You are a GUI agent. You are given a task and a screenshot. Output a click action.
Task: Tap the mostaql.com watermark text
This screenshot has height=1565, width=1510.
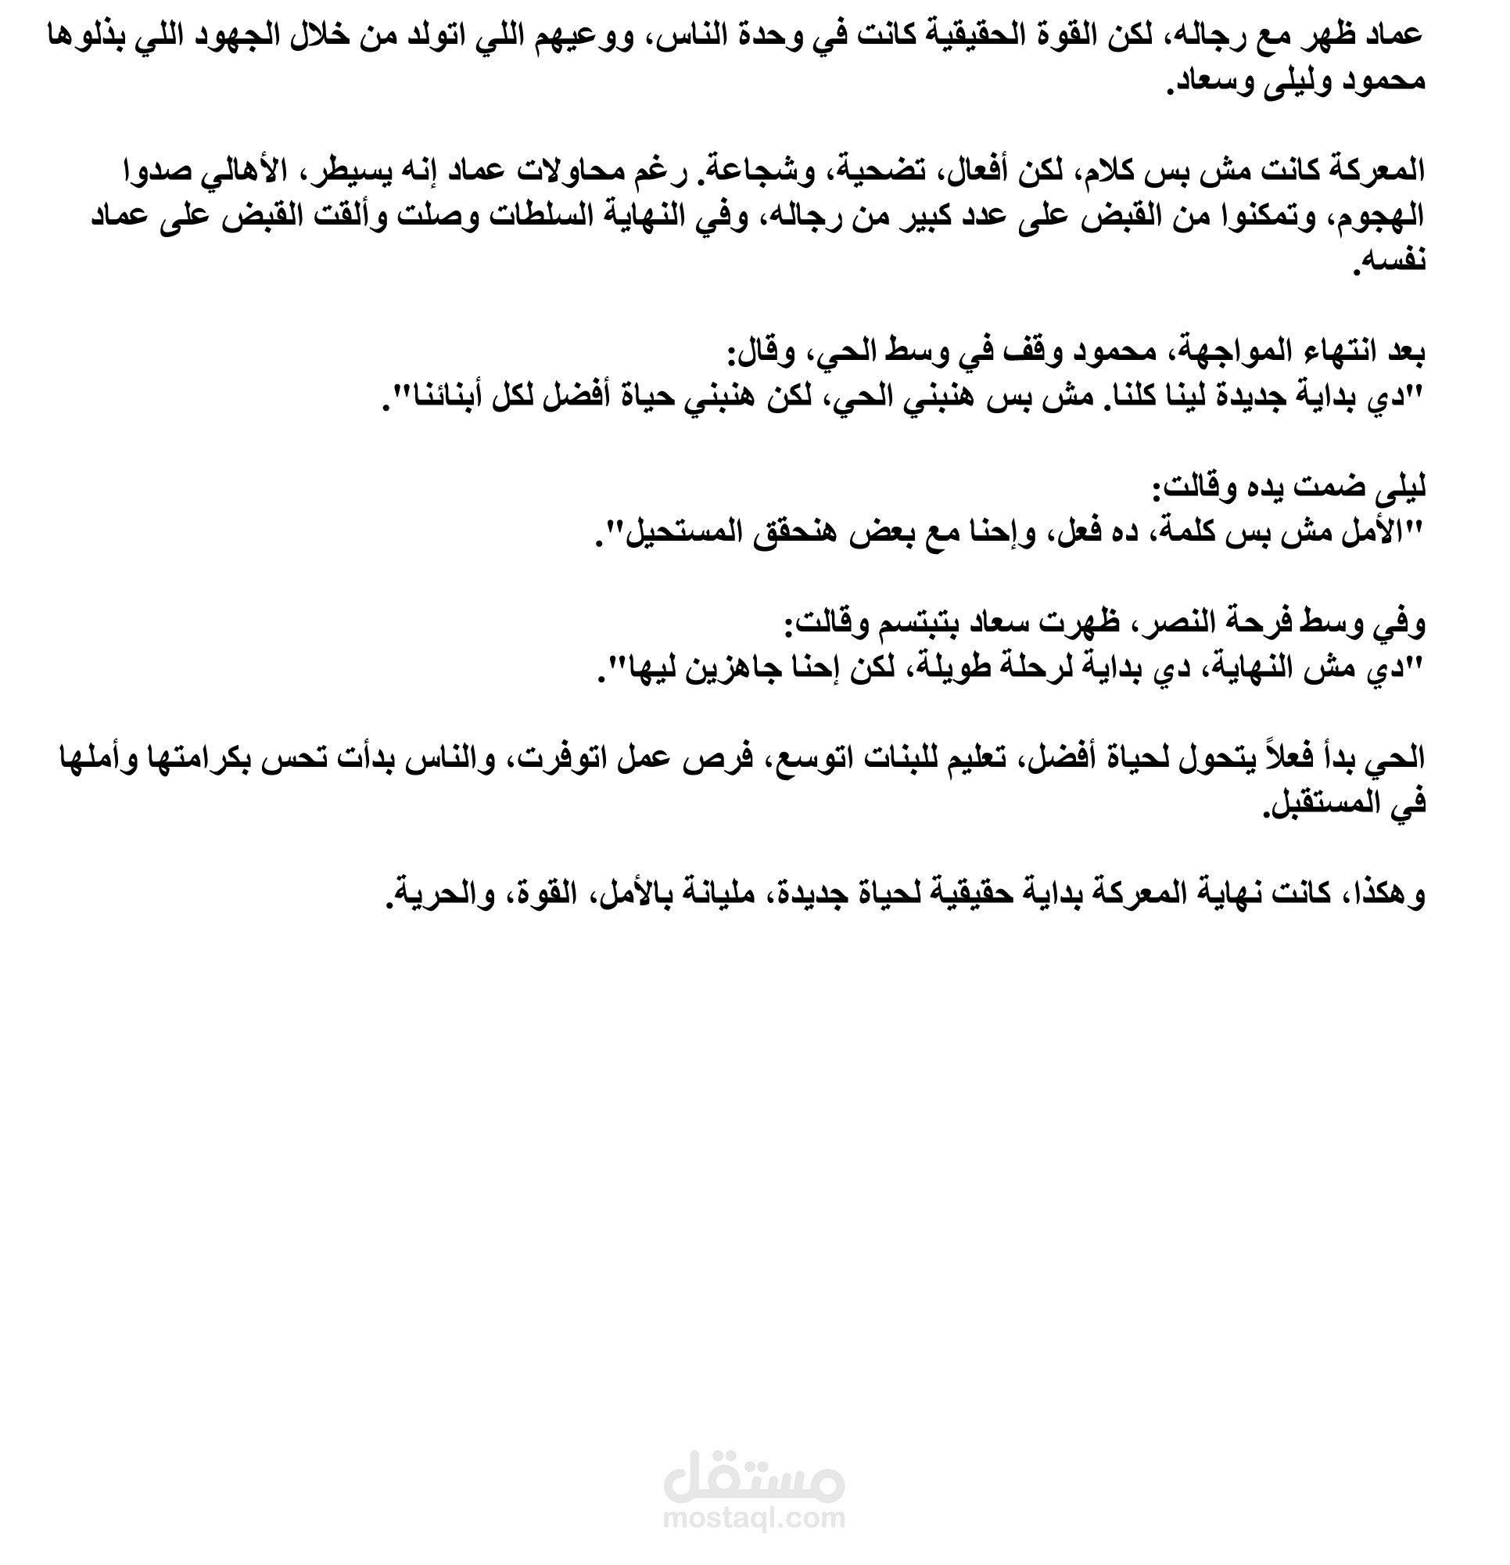753,1517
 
